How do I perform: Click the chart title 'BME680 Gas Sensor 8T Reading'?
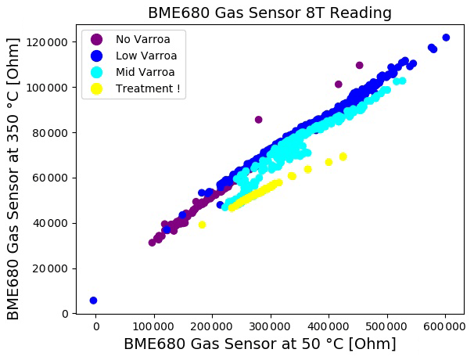click(270, 13)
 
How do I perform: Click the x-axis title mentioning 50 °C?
click(260, 344)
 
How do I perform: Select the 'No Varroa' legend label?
click(138, 39)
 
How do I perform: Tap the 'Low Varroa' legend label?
click(146, 56)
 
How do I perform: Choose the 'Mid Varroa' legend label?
click(145, 72)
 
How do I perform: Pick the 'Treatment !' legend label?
click(148, 88)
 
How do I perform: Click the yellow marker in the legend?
click(96, 88)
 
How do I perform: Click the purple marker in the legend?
click(96, 39)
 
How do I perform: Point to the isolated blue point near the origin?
click(93, 301)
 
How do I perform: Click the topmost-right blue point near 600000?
click(446, 38)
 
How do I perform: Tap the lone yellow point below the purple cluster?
click(202, 225)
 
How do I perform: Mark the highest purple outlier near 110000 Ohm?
click(359, 66)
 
